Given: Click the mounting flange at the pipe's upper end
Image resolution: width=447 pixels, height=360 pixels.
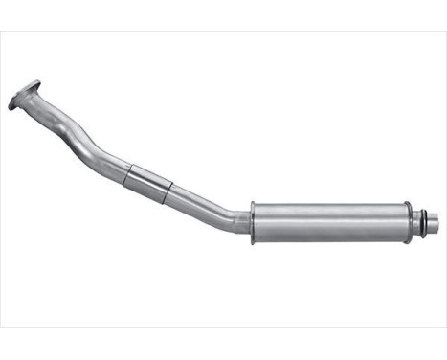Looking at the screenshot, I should click(24, 96).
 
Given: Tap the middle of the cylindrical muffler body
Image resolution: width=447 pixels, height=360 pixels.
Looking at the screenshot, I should click(327, 222).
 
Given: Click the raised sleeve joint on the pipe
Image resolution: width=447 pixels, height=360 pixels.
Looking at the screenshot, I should click(149, 182).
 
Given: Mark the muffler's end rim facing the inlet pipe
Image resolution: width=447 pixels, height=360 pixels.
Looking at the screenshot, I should click(253, 222).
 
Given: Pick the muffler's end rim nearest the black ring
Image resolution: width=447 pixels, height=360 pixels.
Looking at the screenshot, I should click(406, 222).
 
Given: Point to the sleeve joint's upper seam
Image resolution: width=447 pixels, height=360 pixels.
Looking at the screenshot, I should click(129, 172).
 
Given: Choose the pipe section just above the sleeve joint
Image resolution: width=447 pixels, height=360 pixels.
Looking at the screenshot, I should click(110, 161).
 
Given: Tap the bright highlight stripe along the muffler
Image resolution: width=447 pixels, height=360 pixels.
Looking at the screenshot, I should click(327, 213).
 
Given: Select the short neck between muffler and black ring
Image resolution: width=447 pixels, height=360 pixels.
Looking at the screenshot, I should click(413, 222).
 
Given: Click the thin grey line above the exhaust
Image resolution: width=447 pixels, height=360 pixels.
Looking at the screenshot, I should click(223, 32).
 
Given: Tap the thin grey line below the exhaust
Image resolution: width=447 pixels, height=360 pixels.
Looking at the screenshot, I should click(223, 328).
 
